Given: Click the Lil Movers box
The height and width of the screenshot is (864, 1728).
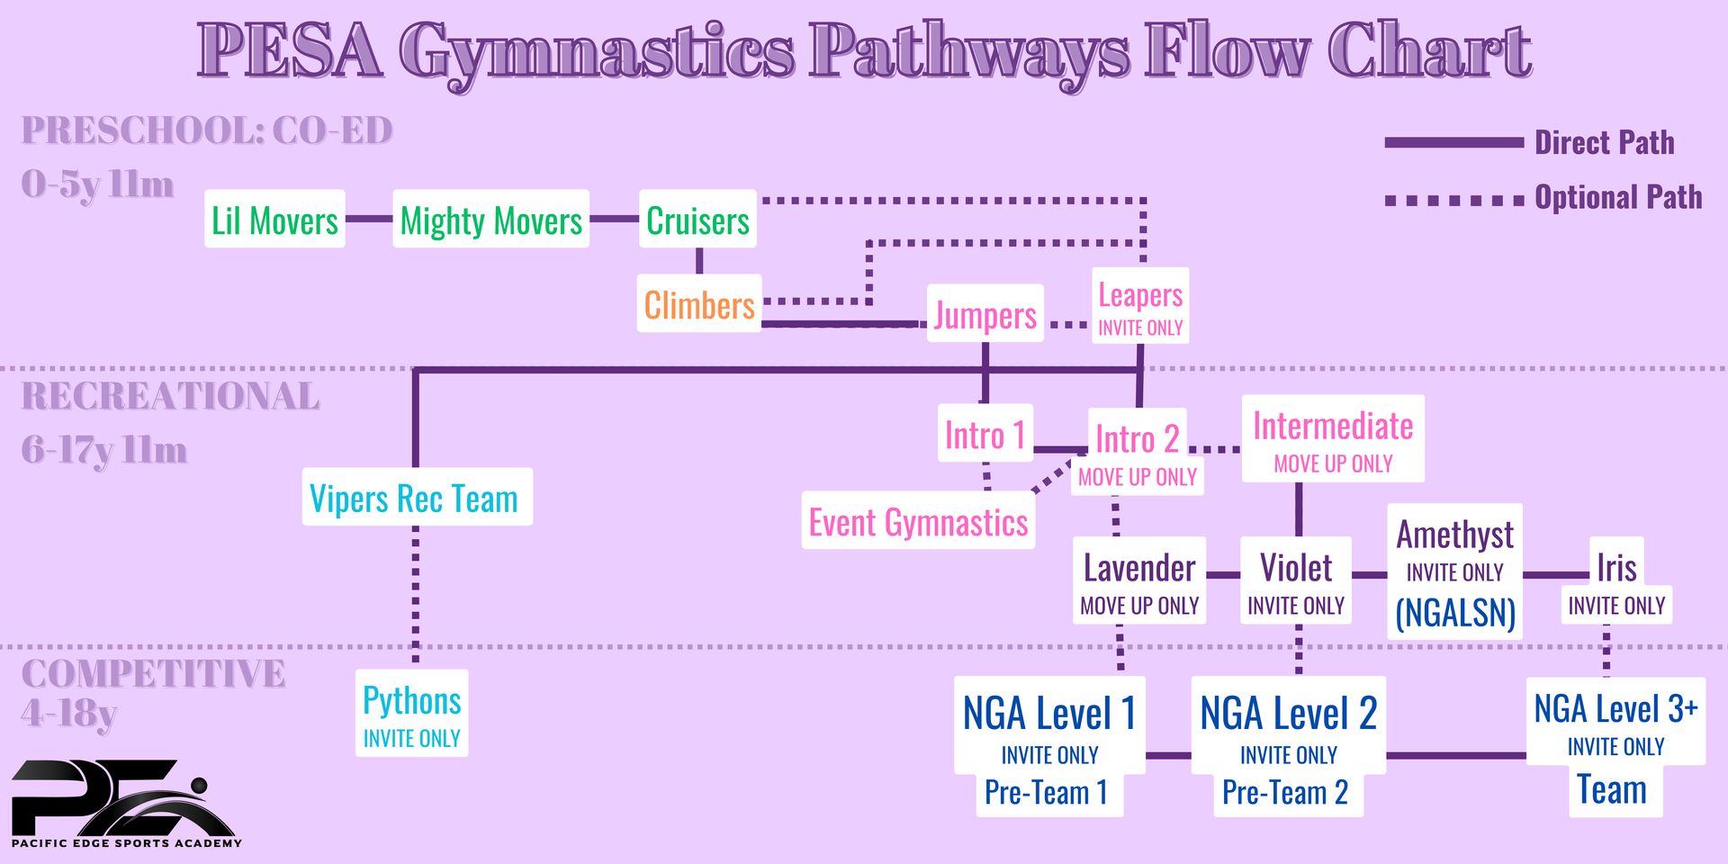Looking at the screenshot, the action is tap(274, 219).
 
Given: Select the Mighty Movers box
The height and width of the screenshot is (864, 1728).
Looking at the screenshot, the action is tap(491, 219).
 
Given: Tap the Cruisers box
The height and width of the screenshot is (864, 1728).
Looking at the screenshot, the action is tap(697, 219).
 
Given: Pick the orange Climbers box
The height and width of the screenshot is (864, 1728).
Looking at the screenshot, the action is tap(699, 303).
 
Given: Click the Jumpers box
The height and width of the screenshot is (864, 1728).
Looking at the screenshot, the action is tap(985, 313).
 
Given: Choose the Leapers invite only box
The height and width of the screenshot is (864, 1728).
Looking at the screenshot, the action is tap(1140, 305).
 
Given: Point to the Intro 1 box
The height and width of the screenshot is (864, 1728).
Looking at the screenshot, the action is tap(985, 433).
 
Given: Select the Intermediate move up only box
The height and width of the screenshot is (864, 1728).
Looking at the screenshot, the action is tap(1333, 438).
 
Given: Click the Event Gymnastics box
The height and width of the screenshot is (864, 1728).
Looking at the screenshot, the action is tap(918, 520).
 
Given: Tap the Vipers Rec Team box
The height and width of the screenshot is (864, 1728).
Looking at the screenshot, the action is tap(417, 497).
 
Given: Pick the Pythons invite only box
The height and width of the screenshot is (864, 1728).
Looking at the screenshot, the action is tap(411, 713).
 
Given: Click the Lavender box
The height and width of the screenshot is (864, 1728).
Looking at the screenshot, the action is tap(1139, 580).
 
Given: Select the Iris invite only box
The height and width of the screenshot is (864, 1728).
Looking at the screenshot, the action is tap(1616, 580).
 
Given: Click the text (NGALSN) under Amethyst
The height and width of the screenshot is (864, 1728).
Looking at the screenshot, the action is tap(1455, 613).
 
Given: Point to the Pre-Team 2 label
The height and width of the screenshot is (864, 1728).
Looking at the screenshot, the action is tap(1285, 792).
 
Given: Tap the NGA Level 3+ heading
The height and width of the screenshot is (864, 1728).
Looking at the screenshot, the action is tap(1615, 708).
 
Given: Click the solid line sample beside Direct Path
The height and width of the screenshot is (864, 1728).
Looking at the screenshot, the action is tap(1453, 142).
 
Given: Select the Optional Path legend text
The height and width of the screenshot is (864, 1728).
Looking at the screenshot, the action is tap(1618, 197).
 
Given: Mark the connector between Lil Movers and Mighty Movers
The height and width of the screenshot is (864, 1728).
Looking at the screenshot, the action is tap(369, 219).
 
